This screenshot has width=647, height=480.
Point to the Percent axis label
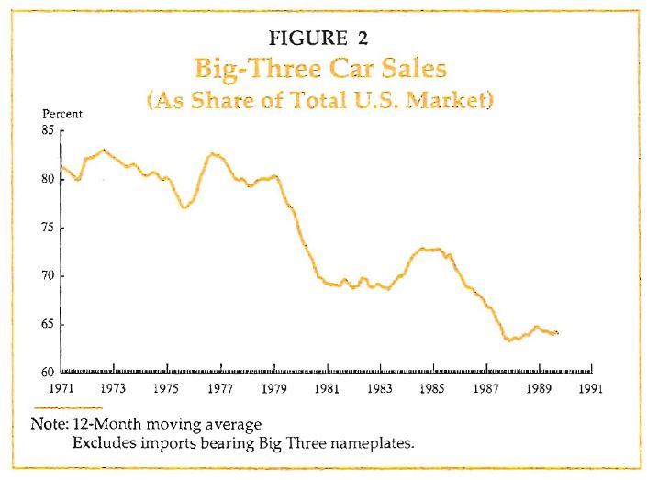(x=63, y=115)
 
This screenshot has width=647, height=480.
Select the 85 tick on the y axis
(x=48, y=130)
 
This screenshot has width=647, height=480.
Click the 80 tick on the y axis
(x=48, y=179)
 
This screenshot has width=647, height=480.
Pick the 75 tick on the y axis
(x=48, y=228)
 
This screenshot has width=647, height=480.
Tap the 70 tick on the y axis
(x=48, y=276)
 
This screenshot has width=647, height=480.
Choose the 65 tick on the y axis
(x=48, y=325)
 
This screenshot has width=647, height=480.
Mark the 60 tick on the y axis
(x=48, y=373)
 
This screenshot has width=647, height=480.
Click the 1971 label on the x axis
(x=61, y=387)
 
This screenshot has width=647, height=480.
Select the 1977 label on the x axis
(x=219, y=387)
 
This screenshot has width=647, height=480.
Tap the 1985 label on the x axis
(x=431, y=387)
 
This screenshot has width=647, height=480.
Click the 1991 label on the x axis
(x=590, y=387)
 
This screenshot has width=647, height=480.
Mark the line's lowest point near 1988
(x=508, y=340)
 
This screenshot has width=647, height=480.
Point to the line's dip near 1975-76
(x=184, y=207)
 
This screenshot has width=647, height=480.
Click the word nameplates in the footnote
(x=371, y=443)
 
